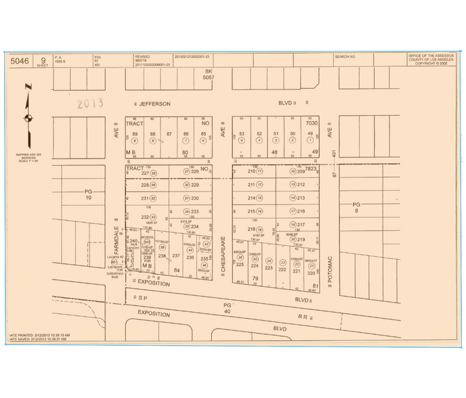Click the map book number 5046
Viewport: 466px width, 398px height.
20,60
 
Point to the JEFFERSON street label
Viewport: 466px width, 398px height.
155,104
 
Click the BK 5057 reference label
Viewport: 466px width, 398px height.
209,74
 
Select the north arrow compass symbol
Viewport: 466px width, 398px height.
28,118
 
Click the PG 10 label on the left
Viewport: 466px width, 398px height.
87,195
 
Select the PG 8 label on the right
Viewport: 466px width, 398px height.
357,208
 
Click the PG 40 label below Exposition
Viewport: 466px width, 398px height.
228,309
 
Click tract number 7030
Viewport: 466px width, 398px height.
312,123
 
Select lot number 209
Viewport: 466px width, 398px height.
301,172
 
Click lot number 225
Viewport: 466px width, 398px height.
239,265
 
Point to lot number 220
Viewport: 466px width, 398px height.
312,273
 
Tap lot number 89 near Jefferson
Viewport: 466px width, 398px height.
135,135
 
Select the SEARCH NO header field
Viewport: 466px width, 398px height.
346,56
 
